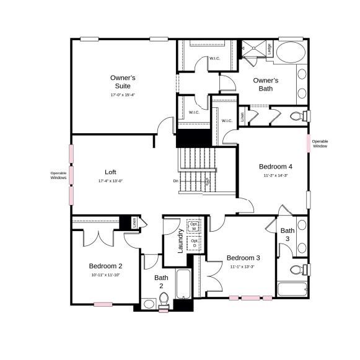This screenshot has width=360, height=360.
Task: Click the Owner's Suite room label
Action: pyautogui.click(x=123, y=82)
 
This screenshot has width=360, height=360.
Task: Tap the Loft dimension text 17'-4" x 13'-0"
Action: pyautogui.click(x=110, y=181)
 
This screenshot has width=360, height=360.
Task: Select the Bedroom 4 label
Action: pyautogui.click(x=275, y=167)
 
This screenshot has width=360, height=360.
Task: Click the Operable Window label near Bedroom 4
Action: pyautogui.click(x=320, y=144)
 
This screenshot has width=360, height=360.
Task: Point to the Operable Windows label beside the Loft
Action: pyautogui.click(x=58, y=175)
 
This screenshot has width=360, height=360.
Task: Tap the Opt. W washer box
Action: pyautogui.click(x=195, y=227)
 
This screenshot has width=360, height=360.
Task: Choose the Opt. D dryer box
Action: pyautogui.click(x=195, y=243)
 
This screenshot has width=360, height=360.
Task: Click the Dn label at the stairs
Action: pyautogui.click(x=176, y=181)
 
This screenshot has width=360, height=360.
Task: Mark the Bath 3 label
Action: pyautogui.click(x=288, y=234)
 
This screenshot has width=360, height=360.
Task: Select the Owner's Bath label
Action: pyautogui.click(x=266, y=84)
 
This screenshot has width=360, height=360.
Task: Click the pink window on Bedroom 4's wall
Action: pyautogui.click(x=307, y=143)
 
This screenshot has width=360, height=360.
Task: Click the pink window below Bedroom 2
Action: pyautogui.click(x=103, y=304)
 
